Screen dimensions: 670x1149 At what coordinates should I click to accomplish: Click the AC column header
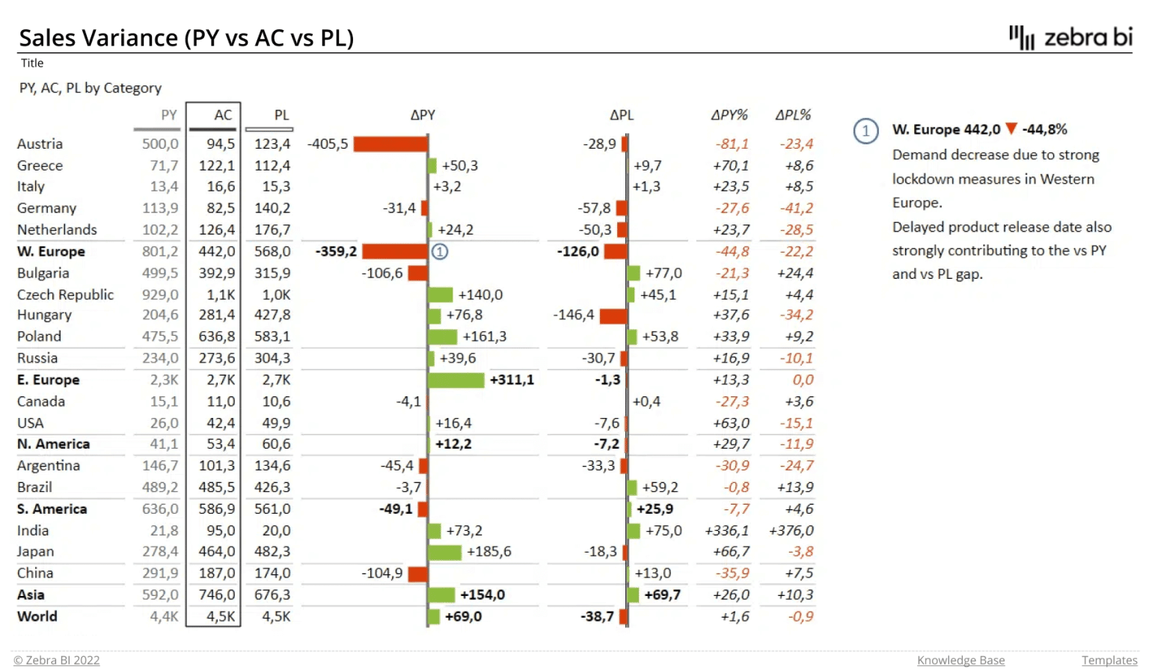[x=222, y=115]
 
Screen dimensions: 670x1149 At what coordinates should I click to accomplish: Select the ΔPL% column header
[x=793, y=115]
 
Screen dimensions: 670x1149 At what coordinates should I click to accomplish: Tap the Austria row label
[x=40, y=144]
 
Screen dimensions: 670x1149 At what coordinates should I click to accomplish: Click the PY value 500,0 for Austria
[x=160, y=144]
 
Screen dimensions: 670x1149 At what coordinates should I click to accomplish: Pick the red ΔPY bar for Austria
[x=390, y=144]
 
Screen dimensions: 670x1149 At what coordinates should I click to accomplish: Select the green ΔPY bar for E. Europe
[x=456, y=380]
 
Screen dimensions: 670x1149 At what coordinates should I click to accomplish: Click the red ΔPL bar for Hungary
[x=613, y=316]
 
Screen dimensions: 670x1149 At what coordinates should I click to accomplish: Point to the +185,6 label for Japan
[x=488, y=552]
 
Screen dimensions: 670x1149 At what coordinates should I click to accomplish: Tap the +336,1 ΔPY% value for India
[x=726, y=531]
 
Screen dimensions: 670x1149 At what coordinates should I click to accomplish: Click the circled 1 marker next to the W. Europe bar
[x=440, y=252]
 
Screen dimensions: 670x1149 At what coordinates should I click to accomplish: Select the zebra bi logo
[x=1070, y=37]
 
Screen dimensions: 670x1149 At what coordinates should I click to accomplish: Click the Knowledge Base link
[x=960, y=660]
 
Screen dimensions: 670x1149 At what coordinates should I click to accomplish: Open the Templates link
[x=1109, y=660]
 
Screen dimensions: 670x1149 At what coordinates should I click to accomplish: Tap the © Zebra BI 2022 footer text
[x=57, y=660]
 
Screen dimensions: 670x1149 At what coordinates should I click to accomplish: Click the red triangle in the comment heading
[x=1011, y=129]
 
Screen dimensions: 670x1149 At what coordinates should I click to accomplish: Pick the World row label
[x=37, y=617]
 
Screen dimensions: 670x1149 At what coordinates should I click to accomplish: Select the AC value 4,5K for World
[x=221, y=617]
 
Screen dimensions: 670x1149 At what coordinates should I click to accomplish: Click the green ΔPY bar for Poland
[x=442, y=336]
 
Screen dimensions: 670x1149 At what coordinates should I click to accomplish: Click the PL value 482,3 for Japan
[x=272, y=552]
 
